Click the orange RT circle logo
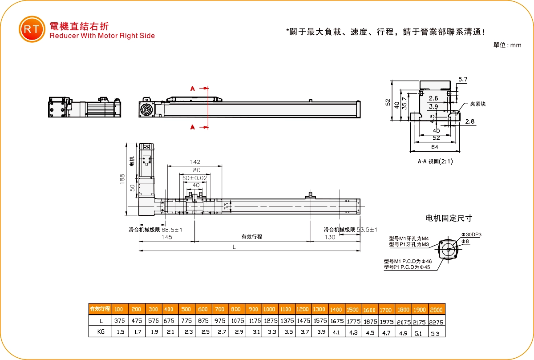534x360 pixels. [32, 29]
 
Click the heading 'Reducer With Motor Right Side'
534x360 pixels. [102, 36]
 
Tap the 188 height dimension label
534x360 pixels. [122, 178]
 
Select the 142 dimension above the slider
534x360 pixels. [195, 162]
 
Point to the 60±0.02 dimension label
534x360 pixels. [195, 178]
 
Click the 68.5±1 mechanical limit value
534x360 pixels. [172, 230]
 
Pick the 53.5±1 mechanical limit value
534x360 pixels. [367, 230]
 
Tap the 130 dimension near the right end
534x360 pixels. [330, 237]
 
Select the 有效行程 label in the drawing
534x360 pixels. [252, 237]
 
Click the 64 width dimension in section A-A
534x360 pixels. [434, 147]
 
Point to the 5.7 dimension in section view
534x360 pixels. [463, 80]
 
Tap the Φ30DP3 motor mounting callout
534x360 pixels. [471, 235]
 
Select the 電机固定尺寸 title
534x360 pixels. [449, 218]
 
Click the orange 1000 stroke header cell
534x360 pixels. [269, 309]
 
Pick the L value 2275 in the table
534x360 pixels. [436, 321]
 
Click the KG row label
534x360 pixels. [101, 332]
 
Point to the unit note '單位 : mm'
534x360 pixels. [507, 45]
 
